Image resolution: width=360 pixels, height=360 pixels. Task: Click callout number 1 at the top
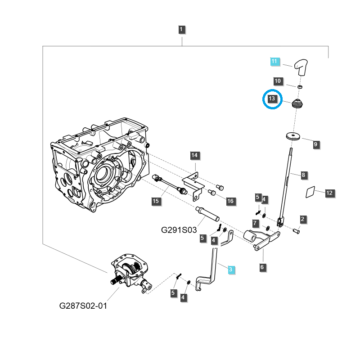pos(181,30)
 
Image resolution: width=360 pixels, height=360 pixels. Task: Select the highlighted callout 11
pos(275,62)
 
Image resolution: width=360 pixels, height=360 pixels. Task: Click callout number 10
pos(278,81)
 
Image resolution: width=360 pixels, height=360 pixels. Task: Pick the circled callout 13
pos(272,99)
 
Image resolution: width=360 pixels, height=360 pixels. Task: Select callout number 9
pos(315,144)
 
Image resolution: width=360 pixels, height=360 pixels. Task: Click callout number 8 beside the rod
pos(303,175)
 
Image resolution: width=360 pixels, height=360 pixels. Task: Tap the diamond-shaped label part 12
pos(309,192)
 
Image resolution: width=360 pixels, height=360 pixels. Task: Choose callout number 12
pos(329,193)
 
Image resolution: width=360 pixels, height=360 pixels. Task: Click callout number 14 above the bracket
pos(194,156)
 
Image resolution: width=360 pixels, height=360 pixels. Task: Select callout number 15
pos(155,201)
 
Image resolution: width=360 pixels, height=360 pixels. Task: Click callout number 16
pos(230,201)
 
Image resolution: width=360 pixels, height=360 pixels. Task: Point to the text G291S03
pos(179,229)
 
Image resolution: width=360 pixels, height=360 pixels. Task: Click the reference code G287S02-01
pos(83,306)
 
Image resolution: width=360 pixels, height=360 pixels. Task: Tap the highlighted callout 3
pos(230,270)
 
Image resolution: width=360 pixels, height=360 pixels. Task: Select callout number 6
pos(262,267)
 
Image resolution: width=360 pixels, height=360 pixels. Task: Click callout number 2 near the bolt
pos(303,219)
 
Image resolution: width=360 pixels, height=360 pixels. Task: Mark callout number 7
pos(255,223)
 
